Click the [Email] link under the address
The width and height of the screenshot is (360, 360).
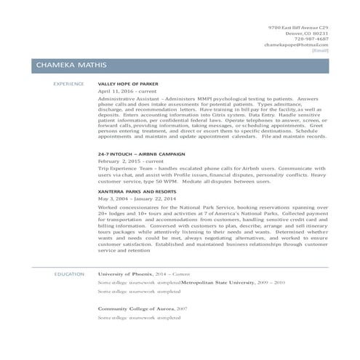pyautogui.click(x=320, y=50)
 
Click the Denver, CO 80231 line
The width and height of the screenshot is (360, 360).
pyautogui.click(x=307, y=33)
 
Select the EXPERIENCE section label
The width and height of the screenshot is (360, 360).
pyautogui.click(x=69, y=84)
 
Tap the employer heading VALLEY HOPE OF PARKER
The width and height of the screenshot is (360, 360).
pyautogui.click(x=129, y=84)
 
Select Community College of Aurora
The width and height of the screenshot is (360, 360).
pyautogui.click(x=135, y=308)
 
